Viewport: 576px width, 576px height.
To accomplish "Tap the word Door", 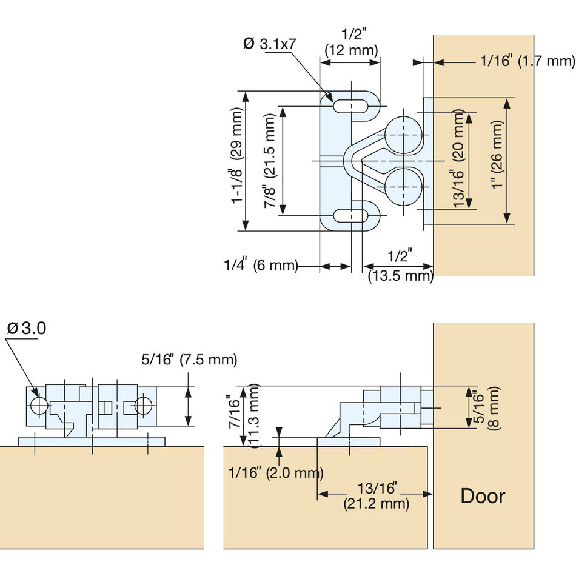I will click(x=483, y=495).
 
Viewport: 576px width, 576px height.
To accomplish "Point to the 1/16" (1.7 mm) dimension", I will click(x=526, y=61).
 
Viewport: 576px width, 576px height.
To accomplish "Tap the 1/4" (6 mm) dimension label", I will click(x=261, y=266).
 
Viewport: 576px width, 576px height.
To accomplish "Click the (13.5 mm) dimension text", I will click(x=401, y=276).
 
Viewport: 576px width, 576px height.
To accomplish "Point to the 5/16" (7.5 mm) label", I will click(x=189, y=360).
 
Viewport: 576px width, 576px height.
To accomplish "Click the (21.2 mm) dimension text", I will click(x=376, y=503).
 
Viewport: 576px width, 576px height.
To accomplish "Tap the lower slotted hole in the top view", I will click(x=350, y=216).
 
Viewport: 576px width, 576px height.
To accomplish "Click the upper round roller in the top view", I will click(x=401, y=133).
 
